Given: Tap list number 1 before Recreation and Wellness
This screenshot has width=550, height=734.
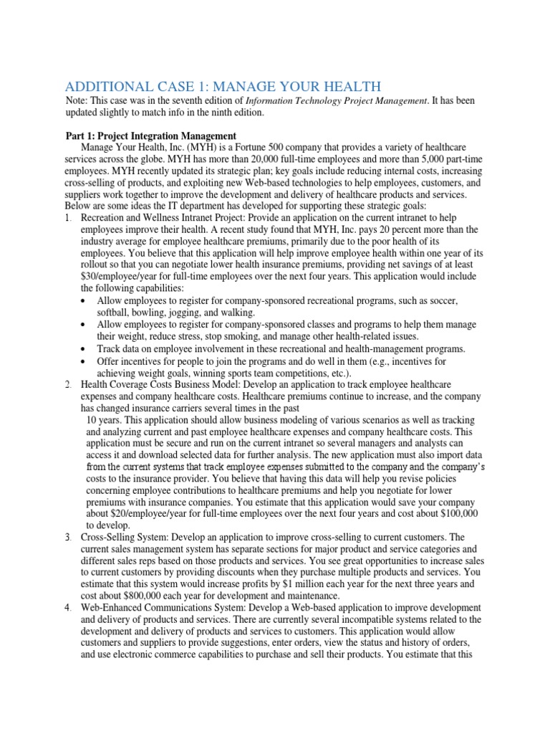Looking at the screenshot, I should (x=67, y=216).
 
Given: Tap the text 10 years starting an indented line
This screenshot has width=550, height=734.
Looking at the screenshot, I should (x=103, y=419).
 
